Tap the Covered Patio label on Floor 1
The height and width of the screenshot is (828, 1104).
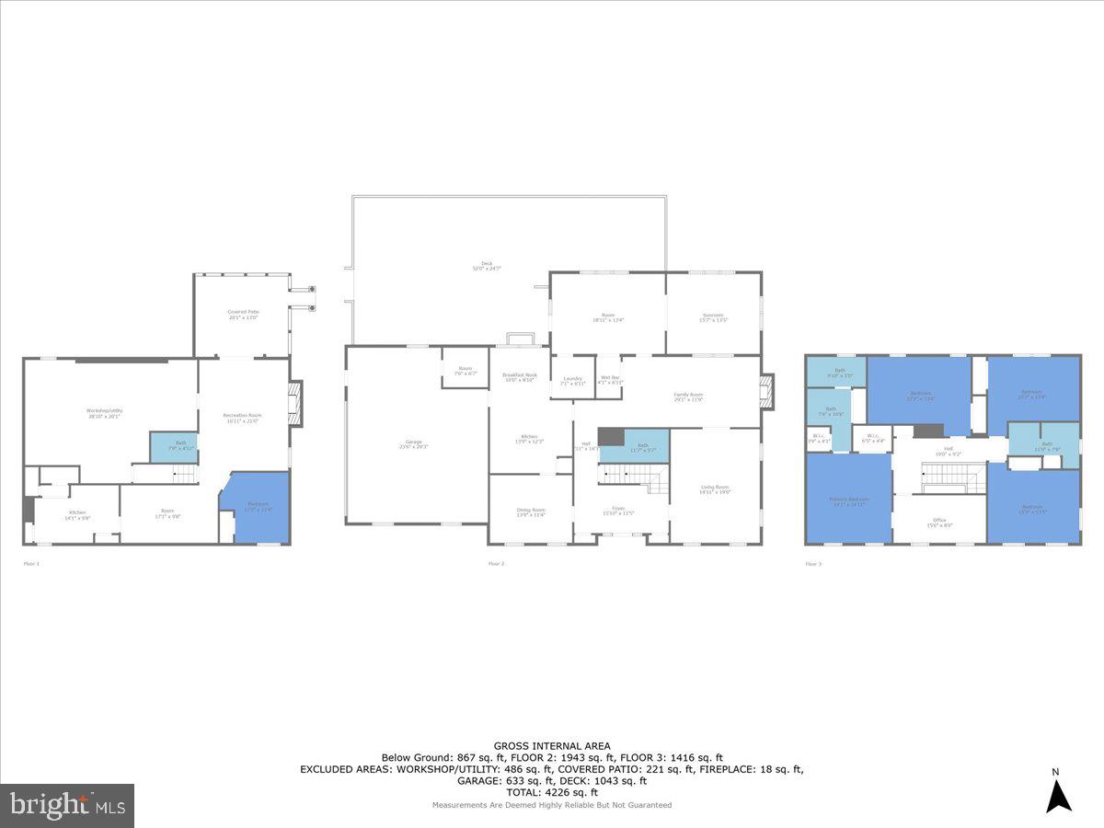tap(243, 315)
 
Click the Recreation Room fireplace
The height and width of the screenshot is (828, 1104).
tap(295, 403)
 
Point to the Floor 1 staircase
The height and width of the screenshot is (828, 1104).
tap(184, 474)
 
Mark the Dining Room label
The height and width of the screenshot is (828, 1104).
tap(531, 512)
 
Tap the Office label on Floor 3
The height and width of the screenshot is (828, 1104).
tap(939, 523)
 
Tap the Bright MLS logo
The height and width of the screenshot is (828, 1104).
tap(67, 806)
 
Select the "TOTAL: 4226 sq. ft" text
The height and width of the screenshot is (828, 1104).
tap(552, 792)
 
